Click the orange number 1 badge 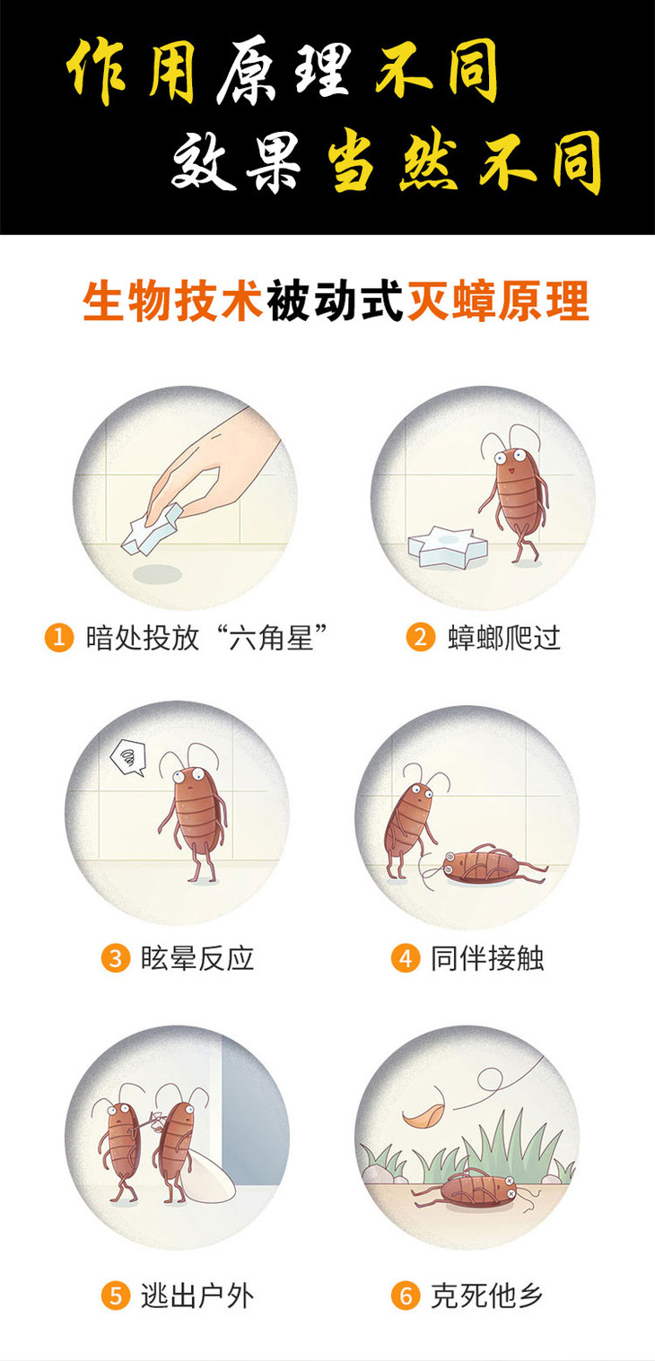59,637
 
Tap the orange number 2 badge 421,637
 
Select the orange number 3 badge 116,958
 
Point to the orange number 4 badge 406,958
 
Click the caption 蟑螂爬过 504,638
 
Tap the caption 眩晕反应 196,958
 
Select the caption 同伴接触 487,958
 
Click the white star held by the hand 152,528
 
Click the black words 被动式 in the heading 335,301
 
